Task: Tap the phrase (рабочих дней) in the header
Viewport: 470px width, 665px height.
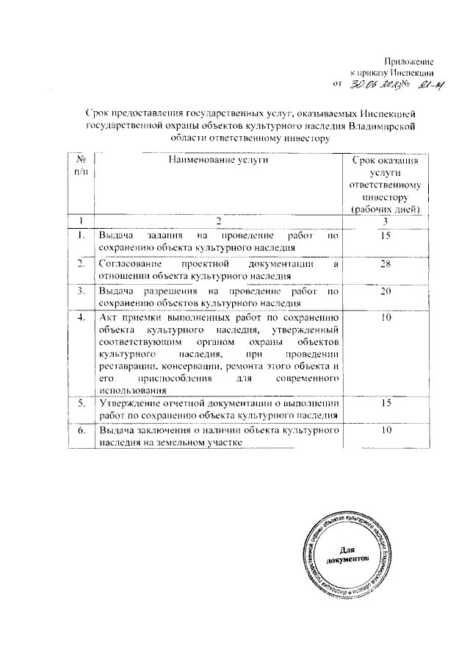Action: (385, 209)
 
